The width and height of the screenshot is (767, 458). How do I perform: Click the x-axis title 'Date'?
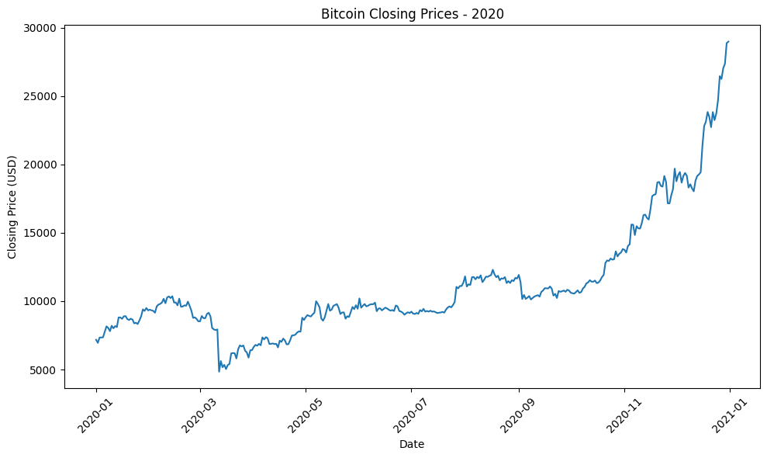412,445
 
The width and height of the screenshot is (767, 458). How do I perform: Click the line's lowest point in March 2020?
219,371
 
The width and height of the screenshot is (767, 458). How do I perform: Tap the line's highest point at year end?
729,41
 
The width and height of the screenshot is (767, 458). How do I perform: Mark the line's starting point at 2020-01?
96,339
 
